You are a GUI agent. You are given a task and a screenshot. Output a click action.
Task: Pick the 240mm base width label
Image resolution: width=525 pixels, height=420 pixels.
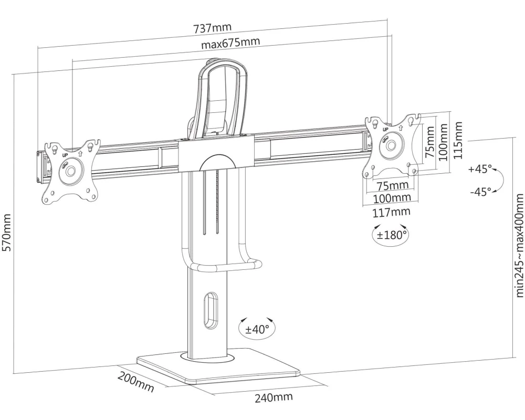click(x=274, y=397)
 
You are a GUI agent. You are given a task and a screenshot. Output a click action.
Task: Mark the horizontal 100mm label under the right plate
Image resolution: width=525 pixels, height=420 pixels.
click(x=392, y=198)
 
